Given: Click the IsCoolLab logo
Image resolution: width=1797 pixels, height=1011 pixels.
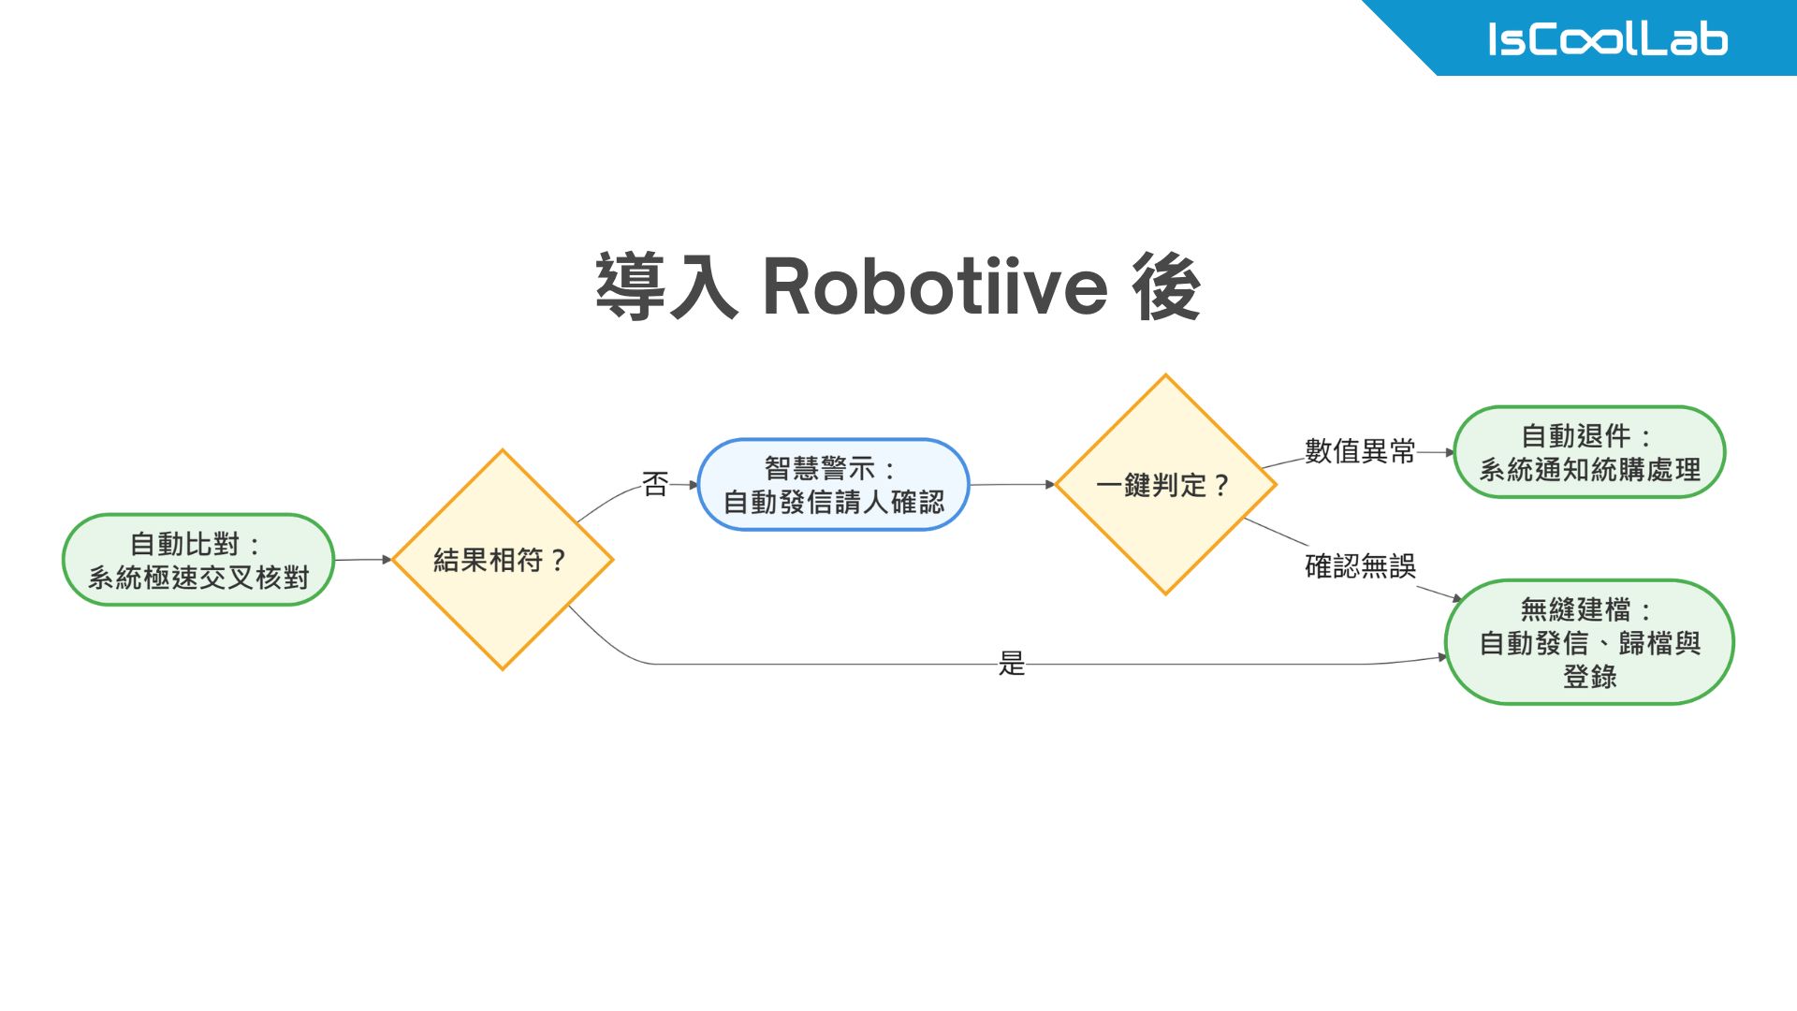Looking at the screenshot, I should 1607,39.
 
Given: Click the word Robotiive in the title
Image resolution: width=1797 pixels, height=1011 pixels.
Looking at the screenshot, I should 935,286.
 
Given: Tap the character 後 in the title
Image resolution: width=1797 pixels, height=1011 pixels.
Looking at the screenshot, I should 1165,286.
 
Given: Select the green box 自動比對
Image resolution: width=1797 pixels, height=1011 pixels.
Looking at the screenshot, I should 197,560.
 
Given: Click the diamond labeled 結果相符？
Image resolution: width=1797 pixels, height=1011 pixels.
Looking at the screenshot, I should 503,560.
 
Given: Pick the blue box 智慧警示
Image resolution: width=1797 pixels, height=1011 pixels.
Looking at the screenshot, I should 833,485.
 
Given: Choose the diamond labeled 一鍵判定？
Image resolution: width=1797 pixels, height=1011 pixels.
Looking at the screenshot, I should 1165,485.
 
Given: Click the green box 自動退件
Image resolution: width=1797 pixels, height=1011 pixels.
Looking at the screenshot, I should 1589,452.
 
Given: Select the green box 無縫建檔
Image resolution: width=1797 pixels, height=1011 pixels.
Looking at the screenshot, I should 1589,642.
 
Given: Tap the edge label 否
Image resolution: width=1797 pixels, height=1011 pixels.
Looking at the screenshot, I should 655,484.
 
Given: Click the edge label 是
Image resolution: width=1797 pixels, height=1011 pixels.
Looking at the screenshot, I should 1012,664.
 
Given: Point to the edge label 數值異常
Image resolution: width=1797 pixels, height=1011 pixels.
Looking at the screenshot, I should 1360,451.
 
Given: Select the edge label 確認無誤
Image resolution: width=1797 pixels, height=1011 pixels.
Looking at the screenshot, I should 1360,566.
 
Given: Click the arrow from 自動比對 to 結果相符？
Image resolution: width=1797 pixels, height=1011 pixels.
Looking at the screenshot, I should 363,560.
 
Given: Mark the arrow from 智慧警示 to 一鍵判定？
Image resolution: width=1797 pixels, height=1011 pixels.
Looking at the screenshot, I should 1012,485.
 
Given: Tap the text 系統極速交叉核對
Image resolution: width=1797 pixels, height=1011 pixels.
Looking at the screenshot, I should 197,578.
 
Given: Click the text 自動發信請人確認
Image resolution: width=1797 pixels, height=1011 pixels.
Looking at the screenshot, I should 833,503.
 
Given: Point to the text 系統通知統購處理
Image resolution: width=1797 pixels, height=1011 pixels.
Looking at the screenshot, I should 1589,470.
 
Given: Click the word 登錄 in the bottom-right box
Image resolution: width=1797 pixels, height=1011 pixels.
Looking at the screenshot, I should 1589,677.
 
